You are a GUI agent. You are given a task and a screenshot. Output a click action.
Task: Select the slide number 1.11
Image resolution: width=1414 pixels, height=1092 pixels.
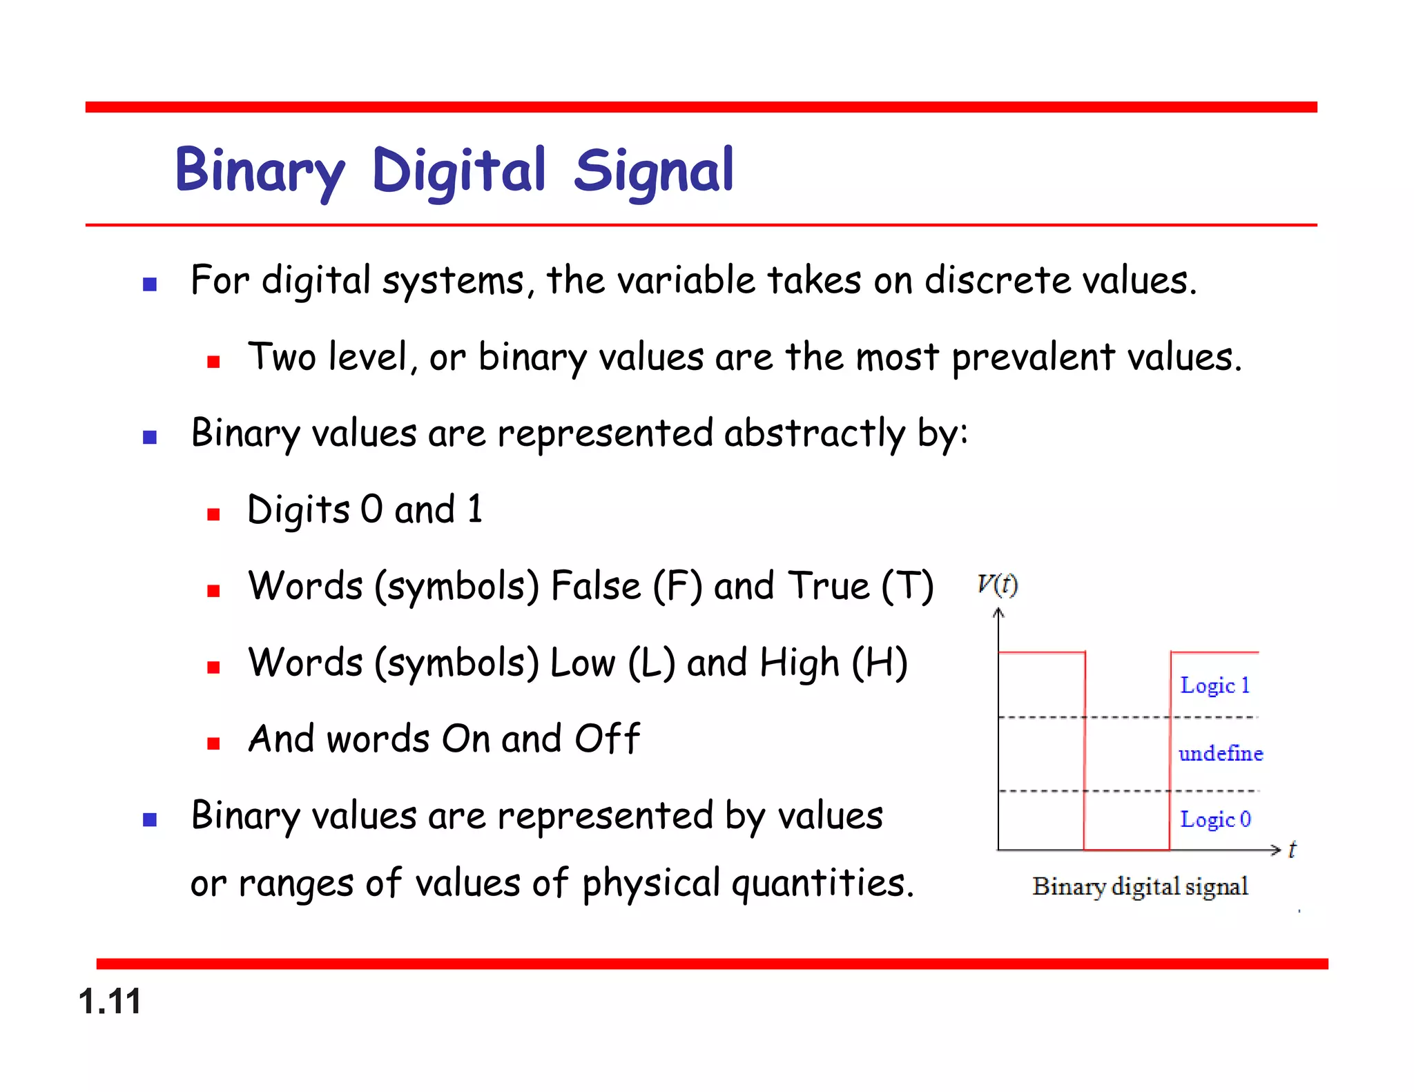click(110, 1001)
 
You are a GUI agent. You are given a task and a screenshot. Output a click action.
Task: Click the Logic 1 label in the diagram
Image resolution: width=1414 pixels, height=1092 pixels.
click(1214, 685)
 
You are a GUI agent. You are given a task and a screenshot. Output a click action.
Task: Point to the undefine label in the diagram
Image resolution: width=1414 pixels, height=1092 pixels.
click(1220, 753)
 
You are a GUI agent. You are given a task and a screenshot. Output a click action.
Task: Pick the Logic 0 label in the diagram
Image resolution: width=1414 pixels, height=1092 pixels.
click(1214, 819)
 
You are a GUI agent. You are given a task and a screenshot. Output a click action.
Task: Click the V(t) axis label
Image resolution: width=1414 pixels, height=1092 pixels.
click(997, 585)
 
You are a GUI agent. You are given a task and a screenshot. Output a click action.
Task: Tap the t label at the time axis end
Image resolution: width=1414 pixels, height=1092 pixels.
click(1292, 849)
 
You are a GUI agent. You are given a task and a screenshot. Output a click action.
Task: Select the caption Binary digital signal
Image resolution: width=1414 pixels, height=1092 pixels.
click(1140, 886)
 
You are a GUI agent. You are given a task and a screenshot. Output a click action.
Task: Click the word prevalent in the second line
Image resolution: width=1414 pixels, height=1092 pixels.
click(1033, 358)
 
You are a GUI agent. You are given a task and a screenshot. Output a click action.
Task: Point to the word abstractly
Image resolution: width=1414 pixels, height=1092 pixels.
click(814, 434)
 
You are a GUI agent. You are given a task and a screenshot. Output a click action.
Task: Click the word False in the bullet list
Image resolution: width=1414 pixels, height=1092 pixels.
click(596, 586)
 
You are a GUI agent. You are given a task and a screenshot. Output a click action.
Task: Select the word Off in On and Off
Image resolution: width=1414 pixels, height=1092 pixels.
click(607, 739)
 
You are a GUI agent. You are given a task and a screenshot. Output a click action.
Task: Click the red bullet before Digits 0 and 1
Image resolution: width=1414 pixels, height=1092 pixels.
click(213, 514)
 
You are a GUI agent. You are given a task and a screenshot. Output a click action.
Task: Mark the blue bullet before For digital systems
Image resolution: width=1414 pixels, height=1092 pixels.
click(150, 284)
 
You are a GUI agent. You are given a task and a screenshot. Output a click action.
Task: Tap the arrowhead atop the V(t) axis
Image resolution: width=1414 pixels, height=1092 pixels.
click(998, 612)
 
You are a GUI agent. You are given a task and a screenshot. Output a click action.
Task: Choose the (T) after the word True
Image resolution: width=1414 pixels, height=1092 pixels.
click(907, 586)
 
